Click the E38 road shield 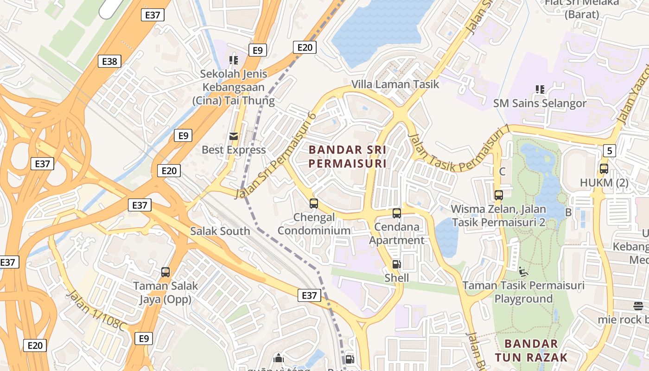[x=109, y=61]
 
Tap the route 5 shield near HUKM [x=610, y=150]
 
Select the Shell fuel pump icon [x=396, y=264]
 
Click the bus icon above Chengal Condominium [x=314, y=203]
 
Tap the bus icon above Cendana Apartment [x=397, y=213]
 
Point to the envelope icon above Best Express [x=234, y=136]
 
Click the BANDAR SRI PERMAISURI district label [x=348, y=157]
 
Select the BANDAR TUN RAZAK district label [x=531, y=351]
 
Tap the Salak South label [x=220, y=231]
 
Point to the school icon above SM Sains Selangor [x=540, y=89]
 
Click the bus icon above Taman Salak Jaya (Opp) [x=165, y=272]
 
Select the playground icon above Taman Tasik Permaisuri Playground [x=523, y=271]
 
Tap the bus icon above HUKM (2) [x=604, y=169]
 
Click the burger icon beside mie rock [x=638, y=306]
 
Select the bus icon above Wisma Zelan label [x=499, y=195]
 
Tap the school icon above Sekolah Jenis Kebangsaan [x=234, y=60]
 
